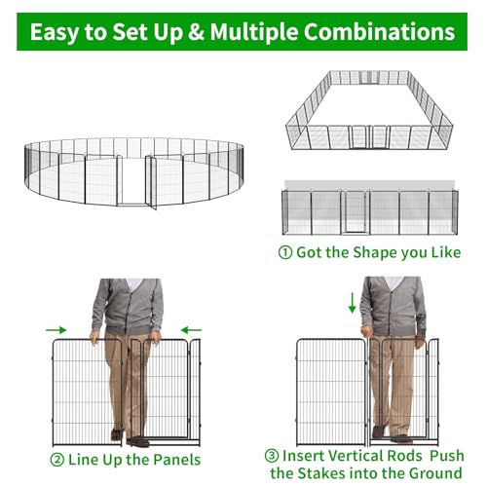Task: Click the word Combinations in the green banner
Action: [x=379, y=31]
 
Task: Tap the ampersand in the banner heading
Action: [x=196, y=31]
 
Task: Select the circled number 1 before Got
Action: [x=285, y=252]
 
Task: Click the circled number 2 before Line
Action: [x=57, y=460]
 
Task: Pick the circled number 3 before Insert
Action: [x=272, y=456]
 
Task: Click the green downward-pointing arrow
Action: [x=352, y=303]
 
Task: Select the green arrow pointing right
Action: [x=56, y=330]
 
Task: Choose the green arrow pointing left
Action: [x=191, y=330]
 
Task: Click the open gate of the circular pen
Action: [x=151, y=182]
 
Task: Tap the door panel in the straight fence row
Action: [x=356, y=212]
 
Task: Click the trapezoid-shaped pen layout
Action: [x=369, y=110]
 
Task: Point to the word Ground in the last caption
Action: [x=435, y=473]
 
